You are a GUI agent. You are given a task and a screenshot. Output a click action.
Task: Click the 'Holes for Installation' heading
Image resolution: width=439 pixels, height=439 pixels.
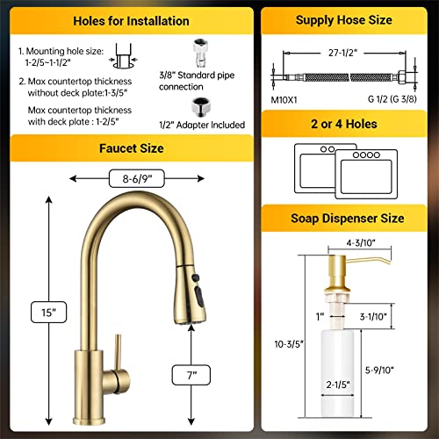132,20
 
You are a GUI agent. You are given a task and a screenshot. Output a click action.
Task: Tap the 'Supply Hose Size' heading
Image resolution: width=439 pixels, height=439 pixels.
345,20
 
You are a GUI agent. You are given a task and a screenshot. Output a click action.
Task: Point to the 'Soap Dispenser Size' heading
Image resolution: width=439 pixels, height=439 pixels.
345,218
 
